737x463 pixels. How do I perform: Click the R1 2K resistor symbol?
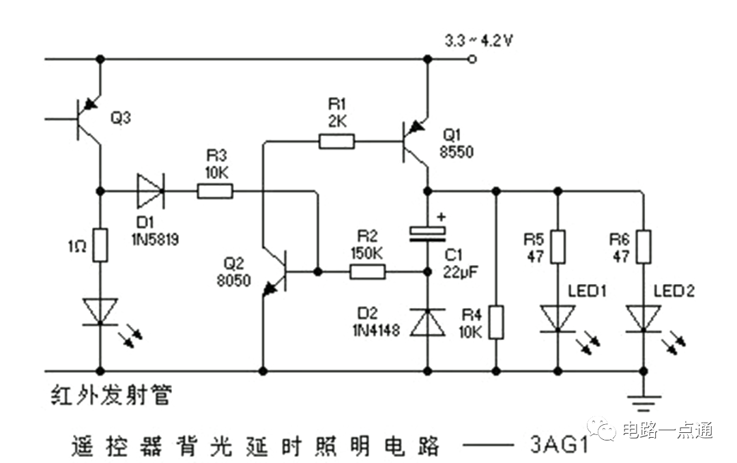click(x=336, y=141)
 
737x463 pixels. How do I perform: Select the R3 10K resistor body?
click(x=215, y=191)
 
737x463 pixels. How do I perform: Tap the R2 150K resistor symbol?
click(x=368, y=272)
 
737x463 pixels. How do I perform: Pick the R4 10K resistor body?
click(x=496, y=322)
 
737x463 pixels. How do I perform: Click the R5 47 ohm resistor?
click(x=558, y=246)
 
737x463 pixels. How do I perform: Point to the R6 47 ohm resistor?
click(x=644, y=246)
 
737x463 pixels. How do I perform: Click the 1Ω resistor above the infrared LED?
click(x=100, y=244)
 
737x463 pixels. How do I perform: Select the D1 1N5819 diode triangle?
click(x=150, y=191)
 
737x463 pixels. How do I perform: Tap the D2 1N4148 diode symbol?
click(x=428, y=322)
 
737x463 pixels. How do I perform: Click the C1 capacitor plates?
click(x=428, y=234)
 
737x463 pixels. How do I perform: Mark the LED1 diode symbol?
click(x=558, y=318)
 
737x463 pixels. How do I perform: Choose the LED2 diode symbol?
click(x=644, y=318)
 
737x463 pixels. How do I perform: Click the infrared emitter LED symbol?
click(x=100, y=311)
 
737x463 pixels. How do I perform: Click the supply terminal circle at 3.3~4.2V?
click(x=473, y=59)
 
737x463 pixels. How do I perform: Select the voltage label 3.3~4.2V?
click(x=478, y=40)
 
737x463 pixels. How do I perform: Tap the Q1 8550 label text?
click(x=457, y=143)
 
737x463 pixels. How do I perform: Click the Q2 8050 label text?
click(x=233, y=272)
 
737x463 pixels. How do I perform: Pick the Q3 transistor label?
click(x=120, y=117)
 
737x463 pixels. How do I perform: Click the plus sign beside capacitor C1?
click(x=441, y=217)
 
